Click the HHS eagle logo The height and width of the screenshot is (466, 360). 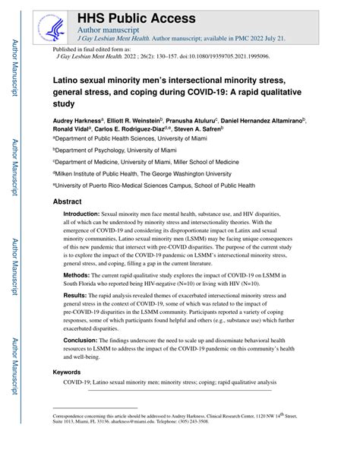coord(46,25)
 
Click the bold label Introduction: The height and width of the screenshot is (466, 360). coord(88,215)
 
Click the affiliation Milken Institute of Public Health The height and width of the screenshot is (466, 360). coord(104,173)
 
